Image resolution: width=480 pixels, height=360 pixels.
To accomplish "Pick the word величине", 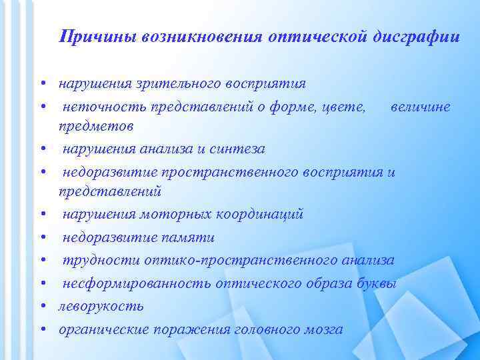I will point(421,107).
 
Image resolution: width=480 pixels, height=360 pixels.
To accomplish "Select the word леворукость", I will point(101,306).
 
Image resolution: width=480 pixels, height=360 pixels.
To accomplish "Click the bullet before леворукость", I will point(42,307).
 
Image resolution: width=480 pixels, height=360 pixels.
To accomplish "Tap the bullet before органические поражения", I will point(42,329).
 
